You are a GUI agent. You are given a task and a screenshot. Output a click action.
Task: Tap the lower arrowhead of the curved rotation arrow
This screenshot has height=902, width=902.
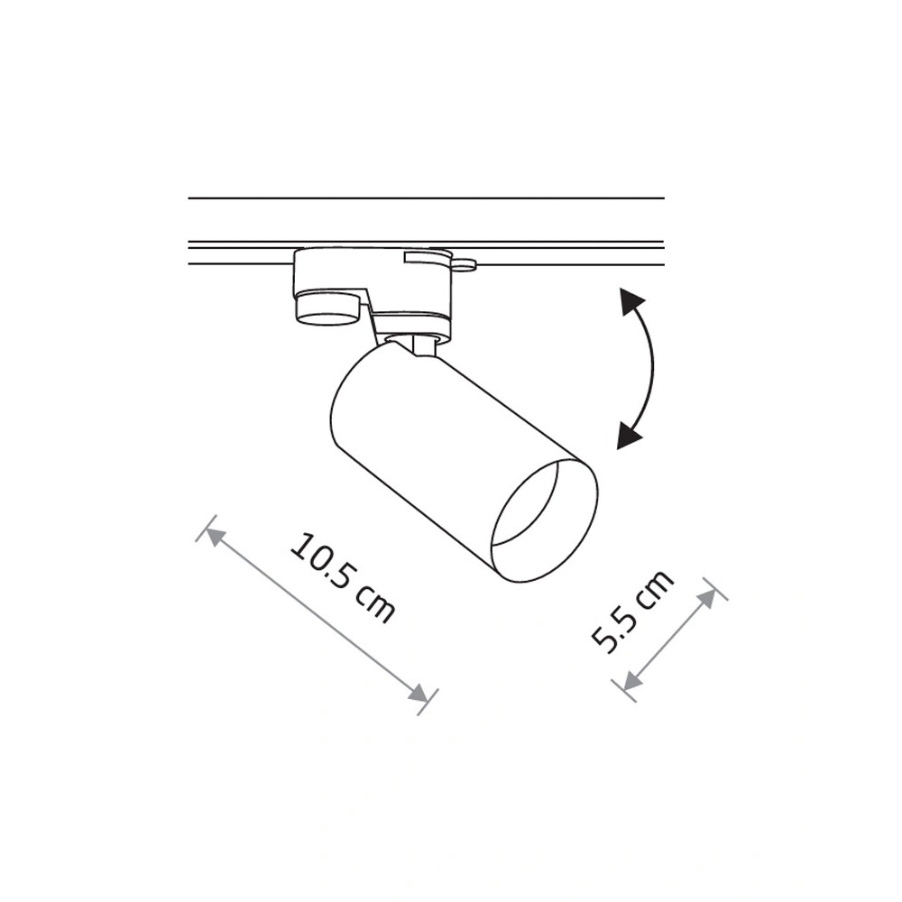coord(629,436)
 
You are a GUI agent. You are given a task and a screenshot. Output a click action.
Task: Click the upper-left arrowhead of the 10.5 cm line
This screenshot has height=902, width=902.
coord(212,537)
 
